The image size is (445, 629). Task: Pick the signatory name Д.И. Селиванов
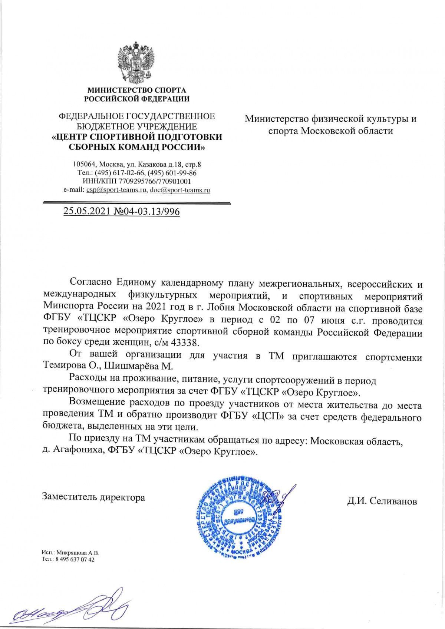382,501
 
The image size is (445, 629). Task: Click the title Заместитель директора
93,497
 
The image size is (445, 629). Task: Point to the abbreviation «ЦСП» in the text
267,416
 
